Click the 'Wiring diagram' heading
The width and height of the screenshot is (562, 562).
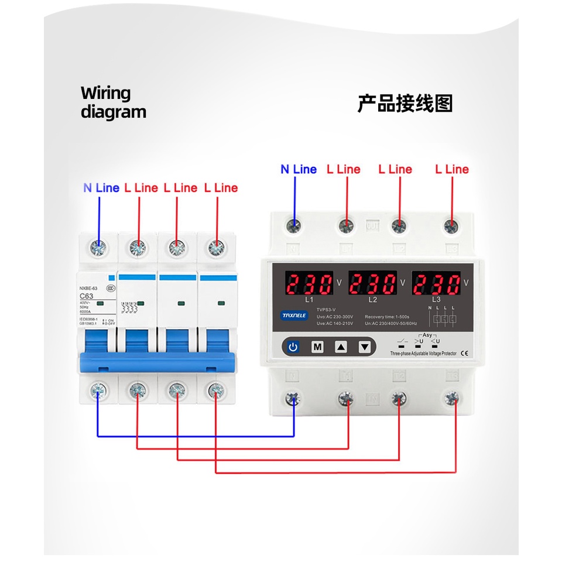(x=113, y=102)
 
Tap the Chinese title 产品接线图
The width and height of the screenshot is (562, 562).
(x=405, y=104)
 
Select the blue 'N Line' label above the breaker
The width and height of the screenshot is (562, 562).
(x=101, y=188)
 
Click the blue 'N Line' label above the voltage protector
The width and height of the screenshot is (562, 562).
(x=299, y=169)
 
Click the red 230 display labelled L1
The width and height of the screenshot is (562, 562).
(x=310, y=285)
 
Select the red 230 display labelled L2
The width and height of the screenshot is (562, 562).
(x=373, y=285)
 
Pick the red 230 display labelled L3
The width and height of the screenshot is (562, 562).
(x=436, y=285)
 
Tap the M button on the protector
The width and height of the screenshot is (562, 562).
(x=317, y=347)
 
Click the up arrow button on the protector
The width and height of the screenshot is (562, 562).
(x=341, y=347)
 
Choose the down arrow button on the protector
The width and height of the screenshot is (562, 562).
(x=365, y=347)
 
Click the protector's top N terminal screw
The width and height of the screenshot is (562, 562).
(x=293, y=225)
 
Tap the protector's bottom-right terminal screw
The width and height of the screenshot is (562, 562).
(x=451, y=399)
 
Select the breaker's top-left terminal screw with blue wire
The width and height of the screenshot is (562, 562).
(x=98, y=248)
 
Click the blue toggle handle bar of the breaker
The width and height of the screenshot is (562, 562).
(x=156, y=362)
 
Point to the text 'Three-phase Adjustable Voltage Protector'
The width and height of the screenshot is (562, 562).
(x=423, y=354)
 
